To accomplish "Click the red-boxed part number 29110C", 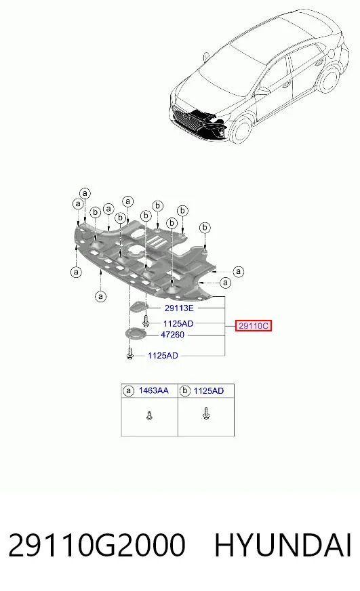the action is point(254,325).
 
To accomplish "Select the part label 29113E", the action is point(179,308).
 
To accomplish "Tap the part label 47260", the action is point(173,334).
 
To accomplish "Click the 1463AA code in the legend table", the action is point(153,390).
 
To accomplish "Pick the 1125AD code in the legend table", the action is point(208,391).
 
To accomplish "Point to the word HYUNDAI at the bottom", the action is point(283,545).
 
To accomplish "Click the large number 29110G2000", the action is point(97,545).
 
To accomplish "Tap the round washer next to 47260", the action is point(134,334).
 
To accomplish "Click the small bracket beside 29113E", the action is point(138,307).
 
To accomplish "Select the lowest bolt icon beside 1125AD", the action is point(130,354).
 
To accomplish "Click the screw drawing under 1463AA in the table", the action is point(150,415).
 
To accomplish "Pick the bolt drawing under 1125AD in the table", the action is point(206,413).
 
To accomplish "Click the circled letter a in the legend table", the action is point(129,391).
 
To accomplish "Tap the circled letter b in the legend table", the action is point(184,391).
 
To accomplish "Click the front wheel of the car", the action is point(241,130).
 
